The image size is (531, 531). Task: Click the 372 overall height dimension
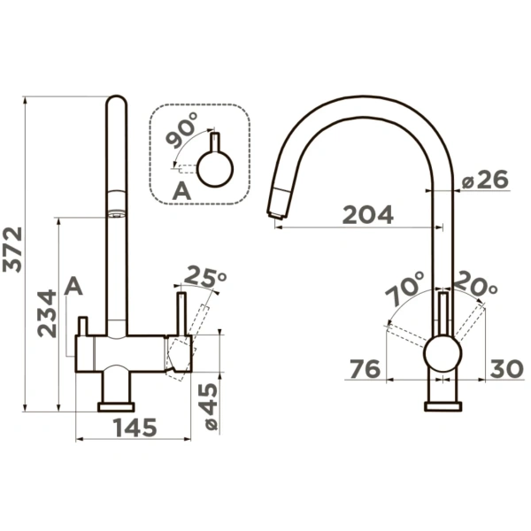tap(12, 250)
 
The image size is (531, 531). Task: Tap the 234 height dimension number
tap(47, 313)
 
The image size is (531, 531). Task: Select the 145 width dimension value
tap(135, 427)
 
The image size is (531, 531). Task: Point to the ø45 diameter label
tap(207, 407)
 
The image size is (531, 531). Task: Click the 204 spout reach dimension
tap(368, 214)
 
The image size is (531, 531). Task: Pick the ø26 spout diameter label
tap(486, 180)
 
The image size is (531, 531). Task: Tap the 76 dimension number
tap(365, 369)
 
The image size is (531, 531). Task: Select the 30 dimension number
tap(506, 368)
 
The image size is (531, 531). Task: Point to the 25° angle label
tap(205, 276)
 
